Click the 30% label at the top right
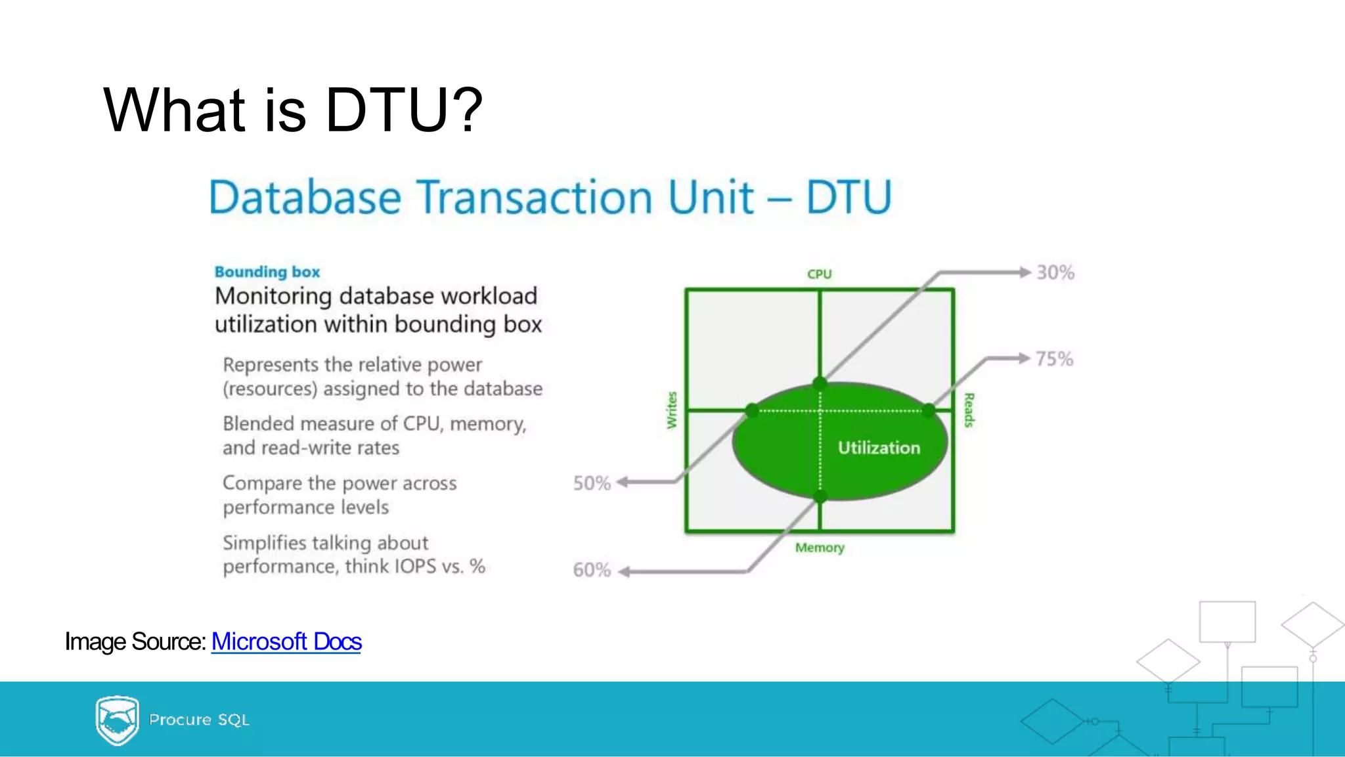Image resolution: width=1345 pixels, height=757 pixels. tap(1055, 272)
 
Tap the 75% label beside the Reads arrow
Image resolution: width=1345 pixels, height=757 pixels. tap(1054, 359)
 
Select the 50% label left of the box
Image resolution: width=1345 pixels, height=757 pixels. tap(592, 483)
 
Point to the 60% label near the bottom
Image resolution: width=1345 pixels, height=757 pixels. tap(592, 570)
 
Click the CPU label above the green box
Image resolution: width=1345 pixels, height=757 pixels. tap(819, 274)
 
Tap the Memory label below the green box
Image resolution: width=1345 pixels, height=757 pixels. tap(820, 548)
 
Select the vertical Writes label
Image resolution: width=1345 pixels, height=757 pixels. tap(671, 410)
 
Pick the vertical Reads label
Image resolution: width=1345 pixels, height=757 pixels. tap(969, 410)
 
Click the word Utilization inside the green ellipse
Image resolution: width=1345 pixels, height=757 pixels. tap(879, 448)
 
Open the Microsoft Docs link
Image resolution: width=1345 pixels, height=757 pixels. tap(286, 641)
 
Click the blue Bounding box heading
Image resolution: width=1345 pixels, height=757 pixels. tap(267, 272)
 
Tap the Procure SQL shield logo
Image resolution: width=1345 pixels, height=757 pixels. tap(117, 720)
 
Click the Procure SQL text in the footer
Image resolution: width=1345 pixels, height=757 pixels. tap(199, 720)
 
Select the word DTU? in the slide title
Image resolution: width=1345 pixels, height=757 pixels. tap(404, 110)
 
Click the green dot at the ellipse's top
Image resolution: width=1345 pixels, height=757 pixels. tap(820, 383)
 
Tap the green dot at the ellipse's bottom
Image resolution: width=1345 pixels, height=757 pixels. tap(820, 497)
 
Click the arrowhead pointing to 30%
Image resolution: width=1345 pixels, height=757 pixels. tap(1025, 272)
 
